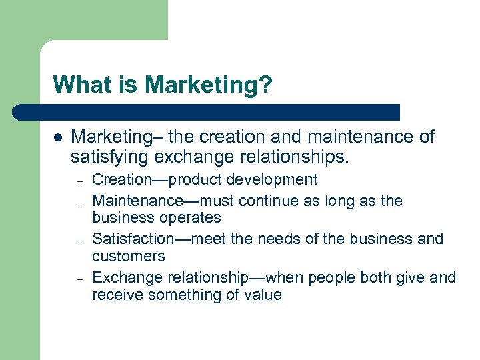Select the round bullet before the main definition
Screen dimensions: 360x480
tap(57, 138)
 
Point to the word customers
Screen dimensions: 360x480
tap(127, 257)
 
